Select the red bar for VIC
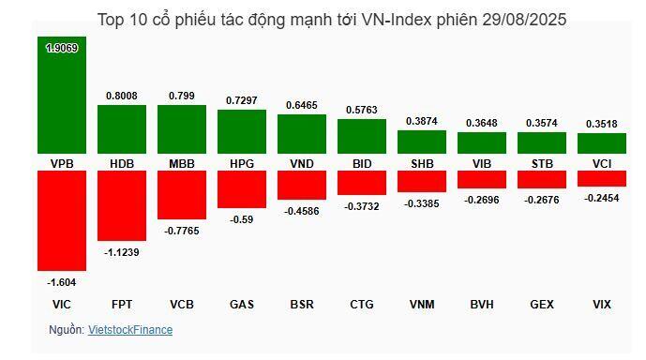click(x=62, y=220)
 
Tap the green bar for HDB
click(x=122, y=129)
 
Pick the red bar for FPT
click(x=122, y=205)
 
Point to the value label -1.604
click(x=62, y=281)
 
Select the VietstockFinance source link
click(x=130, y=330)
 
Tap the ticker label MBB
click(x=182, y=164)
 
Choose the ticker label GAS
click(x=242, y=305)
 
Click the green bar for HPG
click(x=242, y=132)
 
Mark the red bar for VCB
click(x=182, y=194)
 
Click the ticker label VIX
click(x=601, y=305)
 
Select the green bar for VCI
click(x=601, y=143)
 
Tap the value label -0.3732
click(x=362, y=206)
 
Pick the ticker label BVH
click(x=481, y=305)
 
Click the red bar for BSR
click(x=302, y=185)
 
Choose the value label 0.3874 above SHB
click(x=421, y=121)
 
